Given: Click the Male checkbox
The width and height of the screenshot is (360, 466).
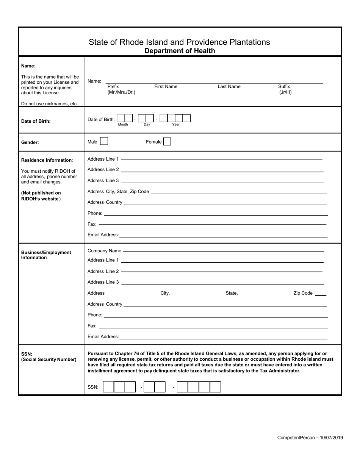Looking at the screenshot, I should click(x=104, y=142).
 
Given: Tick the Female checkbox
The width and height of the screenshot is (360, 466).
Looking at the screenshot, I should click(x=167, y=142).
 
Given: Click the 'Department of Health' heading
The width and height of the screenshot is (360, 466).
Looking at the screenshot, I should click(x=180, y=51).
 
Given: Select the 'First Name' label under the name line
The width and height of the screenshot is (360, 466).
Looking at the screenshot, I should click(x=166, y=86).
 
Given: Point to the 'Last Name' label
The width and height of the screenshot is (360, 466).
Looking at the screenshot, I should click(x=229, y=86).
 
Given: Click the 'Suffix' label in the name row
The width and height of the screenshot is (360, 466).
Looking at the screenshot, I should click(x=284, y=86).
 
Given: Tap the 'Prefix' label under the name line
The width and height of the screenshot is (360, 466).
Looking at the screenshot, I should click(x=113, y=86).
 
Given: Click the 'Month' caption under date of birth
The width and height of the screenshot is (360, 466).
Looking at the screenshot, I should click(x=123, y=125).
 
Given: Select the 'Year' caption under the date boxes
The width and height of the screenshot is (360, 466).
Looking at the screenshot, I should click(x=176, y=125).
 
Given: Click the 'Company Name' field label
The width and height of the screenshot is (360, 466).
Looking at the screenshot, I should click(x=104, y=251).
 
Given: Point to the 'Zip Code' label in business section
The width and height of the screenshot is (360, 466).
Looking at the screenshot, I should click(x=303, y=293).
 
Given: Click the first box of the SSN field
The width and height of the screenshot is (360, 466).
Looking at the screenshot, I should click(x=108, y=387).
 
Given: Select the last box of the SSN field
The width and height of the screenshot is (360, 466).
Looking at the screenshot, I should click(x=215, y=387).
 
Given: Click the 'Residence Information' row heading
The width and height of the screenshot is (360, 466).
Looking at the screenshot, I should click(x=47, y=160).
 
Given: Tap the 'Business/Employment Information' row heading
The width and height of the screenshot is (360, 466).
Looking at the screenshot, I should click(x=46, y=255).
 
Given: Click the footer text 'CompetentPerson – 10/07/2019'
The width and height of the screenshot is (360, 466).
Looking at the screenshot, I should click(x=310, y=438).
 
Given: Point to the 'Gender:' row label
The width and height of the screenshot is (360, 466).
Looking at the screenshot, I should click(x=30, y=142).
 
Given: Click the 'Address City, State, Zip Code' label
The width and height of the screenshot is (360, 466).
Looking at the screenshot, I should click(x=118, y=192).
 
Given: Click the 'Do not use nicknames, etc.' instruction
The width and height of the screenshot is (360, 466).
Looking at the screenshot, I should click(x=49, y=104).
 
